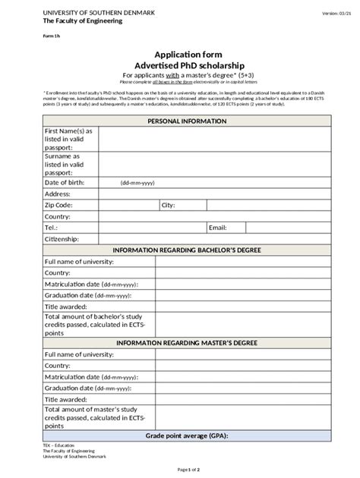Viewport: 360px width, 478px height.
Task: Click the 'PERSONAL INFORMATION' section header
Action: (x=186, y=121)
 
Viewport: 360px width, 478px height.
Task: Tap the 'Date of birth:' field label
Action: (x=67, y=182)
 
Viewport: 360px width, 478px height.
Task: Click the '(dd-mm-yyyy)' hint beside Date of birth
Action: (x=137, y=183)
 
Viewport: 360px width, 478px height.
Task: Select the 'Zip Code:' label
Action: (x=59, y=205)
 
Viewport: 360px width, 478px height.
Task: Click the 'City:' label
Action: (x=168, y=205)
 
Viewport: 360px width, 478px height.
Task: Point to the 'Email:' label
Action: (x=218, y=227)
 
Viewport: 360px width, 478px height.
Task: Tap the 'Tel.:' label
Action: (x=52, y=227)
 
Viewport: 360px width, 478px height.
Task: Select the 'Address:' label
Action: (x=58, y=193)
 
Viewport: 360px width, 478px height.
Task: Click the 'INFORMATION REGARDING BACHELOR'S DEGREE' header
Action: (x=186, y=250)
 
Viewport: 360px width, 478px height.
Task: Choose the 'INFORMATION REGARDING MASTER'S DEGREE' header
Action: (x=186, y=342)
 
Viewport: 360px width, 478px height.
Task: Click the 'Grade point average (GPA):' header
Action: (x=186, y=436)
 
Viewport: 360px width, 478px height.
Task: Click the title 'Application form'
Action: (x=186, y=55)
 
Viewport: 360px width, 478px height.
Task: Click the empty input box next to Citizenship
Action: (x=215, y=238)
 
